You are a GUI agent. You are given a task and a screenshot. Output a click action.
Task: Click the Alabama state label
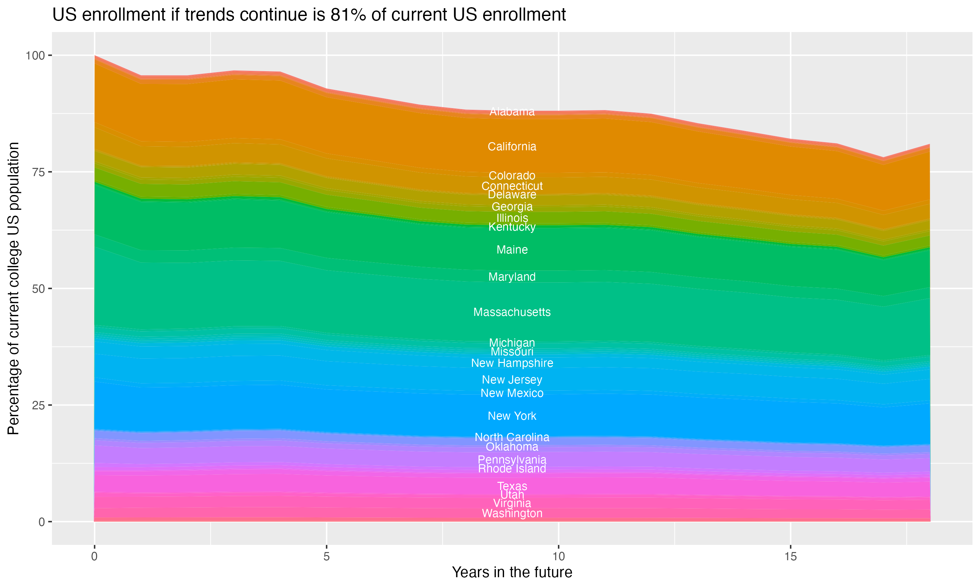(512, 112)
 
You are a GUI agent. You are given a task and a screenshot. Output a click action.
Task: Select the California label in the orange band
(512, 147)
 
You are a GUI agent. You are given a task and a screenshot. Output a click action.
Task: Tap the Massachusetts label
(512, 312)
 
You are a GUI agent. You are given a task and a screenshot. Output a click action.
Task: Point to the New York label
(512, 416)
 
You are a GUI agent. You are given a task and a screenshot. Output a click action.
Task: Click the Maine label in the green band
(512, 250)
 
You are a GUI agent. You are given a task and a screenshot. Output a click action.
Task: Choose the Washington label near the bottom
(512, 514)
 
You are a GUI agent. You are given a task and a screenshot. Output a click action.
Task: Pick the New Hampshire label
(512, 363)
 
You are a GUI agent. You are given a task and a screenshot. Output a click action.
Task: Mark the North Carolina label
(512, 437)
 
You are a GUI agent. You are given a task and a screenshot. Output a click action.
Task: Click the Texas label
(512, 486)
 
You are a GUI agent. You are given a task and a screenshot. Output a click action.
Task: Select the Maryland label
(512, 277)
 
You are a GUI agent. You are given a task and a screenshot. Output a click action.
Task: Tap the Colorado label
(512, 175)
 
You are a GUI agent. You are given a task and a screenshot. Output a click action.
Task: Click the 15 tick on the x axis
(790, 557)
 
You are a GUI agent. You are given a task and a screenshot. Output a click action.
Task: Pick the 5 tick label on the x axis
(326, 557)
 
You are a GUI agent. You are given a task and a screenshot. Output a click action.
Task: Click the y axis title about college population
(13, 288)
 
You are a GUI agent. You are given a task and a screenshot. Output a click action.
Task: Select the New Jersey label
(512, 380)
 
